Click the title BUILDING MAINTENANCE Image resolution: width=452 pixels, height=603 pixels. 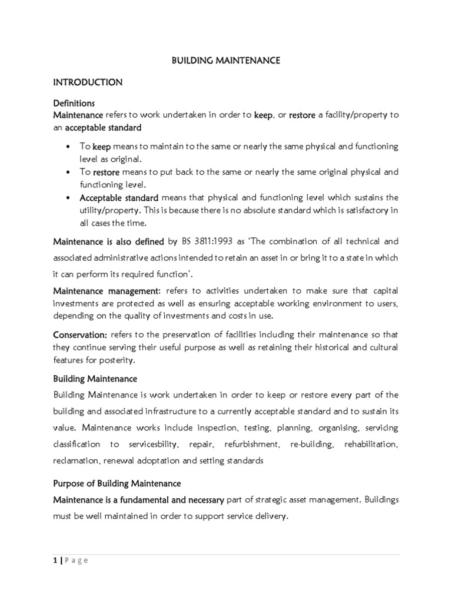(226, 60)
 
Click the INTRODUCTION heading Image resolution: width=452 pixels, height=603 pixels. (88, 82)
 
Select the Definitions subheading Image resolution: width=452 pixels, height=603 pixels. (74, 104)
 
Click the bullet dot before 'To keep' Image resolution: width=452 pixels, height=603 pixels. (69, 146)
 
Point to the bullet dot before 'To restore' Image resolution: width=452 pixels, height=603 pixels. (69, 172)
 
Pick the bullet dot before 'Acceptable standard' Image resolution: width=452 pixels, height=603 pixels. (69, 197)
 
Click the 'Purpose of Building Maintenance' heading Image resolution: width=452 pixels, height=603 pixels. (117, 483)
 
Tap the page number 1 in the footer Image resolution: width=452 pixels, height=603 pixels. (55, 560)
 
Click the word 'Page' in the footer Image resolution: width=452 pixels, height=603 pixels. (77, 560)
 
